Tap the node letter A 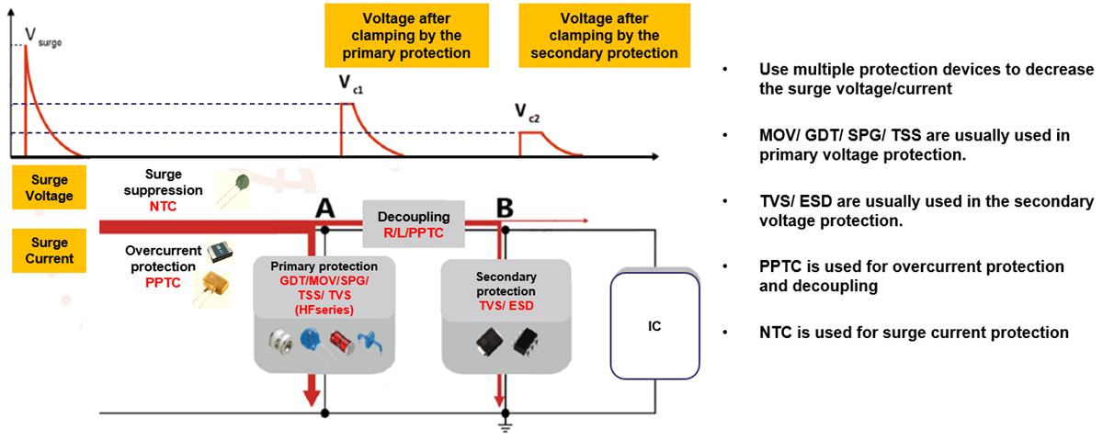click(324, 209)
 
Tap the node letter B click(504, 209)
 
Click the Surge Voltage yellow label click(50, 188)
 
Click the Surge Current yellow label click(50, 251)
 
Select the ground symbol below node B click(504, 425)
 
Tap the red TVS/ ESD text click(506, 306)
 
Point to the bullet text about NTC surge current click(913, 332)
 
